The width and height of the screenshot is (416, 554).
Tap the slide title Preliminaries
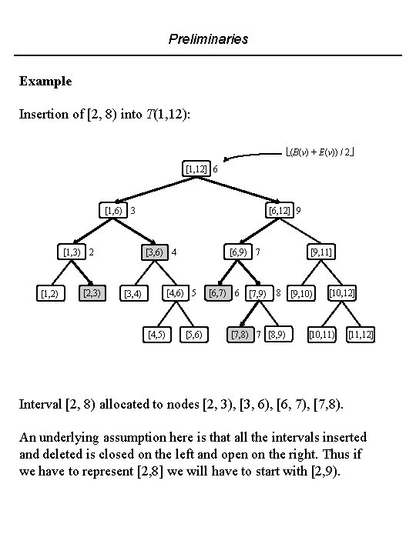point(208,38)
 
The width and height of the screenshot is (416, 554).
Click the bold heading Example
point(45,81)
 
